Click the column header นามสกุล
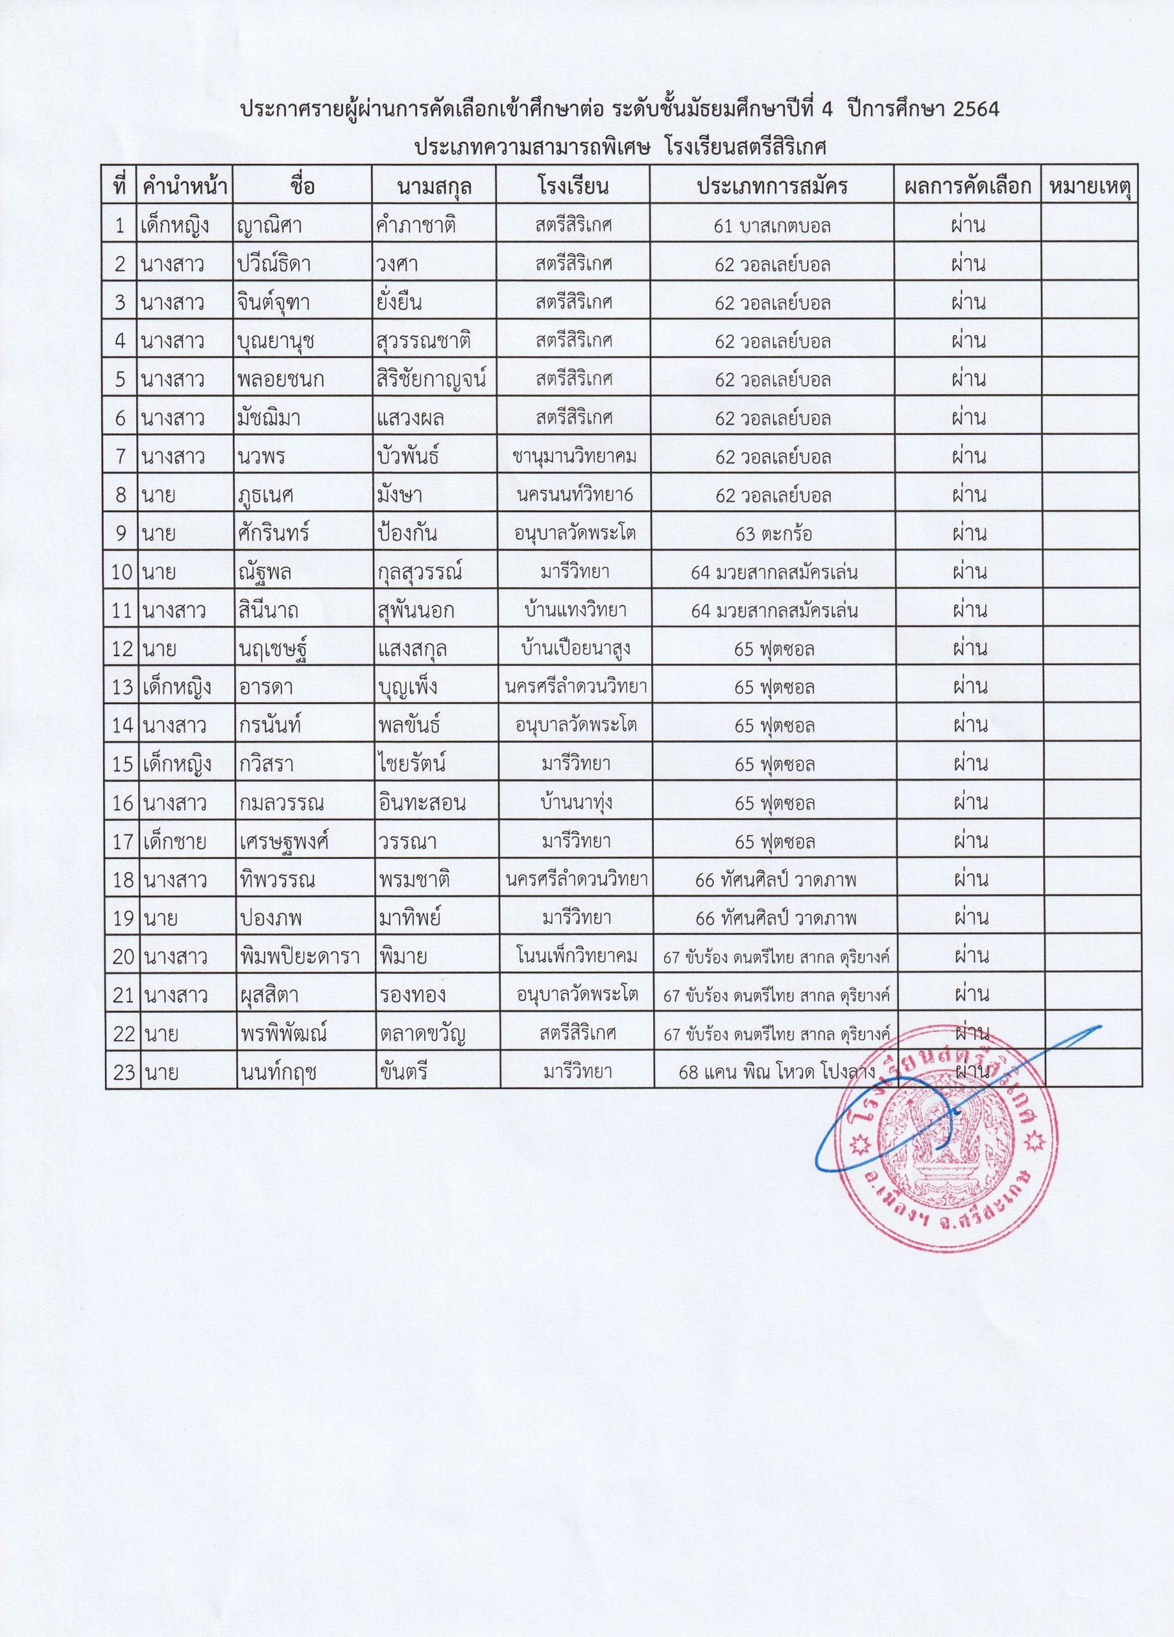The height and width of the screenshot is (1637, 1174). pos(434,186)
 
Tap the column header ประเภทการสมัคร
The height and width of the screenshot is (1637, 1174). pos(771,186)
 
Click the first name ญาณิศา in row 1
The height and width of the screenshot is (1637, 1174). pos(269,226)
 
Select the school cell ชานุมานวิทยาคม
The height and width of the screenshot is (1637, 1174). pos(573,456)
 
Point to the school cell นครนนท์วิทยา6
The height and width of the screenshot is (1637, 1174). pos(575,494)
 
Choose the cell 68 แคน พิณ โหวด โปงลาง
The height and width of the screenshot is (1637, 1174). pos(773,1072)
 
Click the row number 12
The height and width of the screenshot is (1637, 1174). pos(122,649)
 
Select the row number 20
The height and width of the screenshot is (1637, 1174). pos(123,957)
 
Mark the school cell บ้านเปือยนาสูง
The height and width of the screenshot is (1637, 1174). pos(575,649)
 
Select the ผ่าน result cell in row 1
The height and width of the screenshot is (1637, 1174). pos(968,226)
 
